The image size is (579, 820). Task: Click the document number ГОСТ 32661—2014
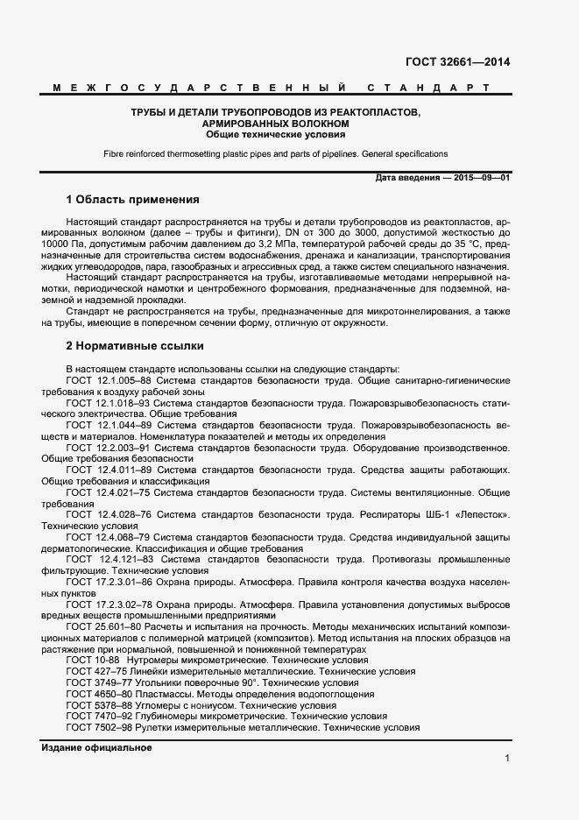click(x=457, y=61)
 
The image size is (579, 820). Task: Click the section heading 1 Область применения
click(x=133, y=199)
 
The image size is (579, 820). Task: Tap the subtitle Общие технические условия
click(x=276, y=135)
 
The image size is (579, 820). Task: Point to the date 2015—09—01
click(x=479, y=178)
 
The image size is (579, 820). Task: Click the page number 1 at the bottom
click(x=507, y=758)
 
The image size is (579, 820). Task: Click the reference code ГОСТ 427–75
click(x=94, y=670)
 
